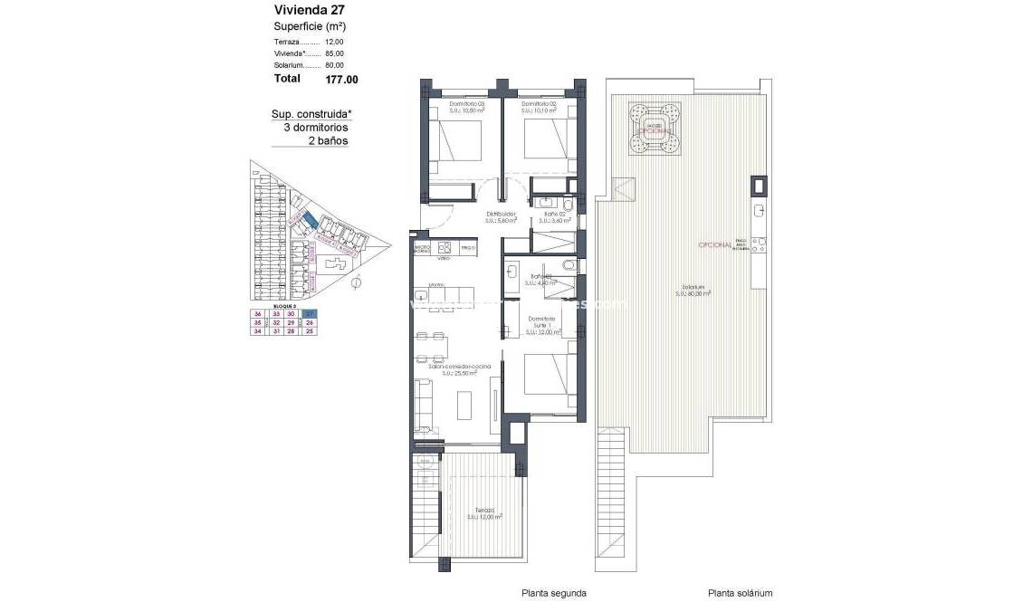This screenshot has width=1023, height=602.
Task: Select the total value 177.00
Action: (341, 80)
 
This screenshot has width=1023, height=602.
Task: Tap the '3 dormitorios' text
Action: (315, 128)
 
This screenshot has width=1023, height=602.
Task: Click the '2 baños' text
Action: (328, 141)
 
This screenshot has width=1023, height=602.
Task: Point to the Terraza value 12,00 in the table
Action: (334, 42)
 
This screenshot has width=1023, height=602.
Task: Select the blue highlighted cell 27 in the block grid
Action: (310, 313)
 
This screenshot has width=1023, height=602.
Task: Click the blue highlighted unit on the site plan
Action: (311, 220)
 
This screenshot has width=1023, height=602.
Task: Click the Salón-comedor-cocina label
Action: (454, 366)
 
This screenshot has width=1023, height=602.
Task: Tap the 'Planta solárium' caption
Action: (740, 593)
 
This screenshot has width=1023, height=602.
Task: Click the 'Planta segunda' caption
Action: (554, 593)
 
